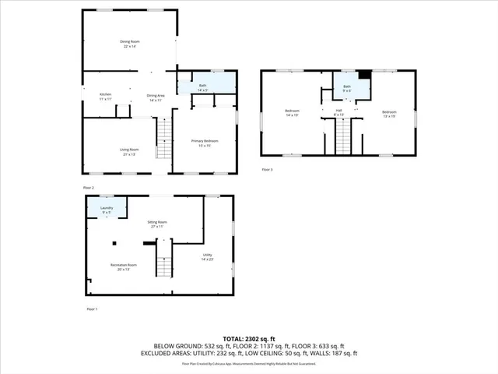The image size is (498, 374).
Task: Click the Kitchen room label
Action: pyautogui.click(x=105, y=97)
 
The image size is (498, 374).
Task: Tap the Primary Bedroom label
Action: pyautogui.click(x=205, y=143)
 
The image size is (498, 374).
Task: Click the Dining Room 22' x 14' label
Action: pyautogui.click(x=128, y=44)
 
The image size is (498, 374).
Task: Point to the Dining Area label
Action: pyautogui.click(x=155, y=97)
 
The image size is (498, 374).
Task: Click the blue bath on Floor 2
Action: pyautogui.click(x=204, y=84)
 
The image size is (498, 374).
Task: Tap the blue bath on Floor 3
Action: pyautogui.click(x=347, y=87)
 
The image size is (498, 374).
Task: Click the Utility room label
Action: pyautogui.click(x=208, y=257)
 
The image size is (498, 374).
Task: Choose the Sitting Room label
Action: pyautogui.click(x=158, y=224)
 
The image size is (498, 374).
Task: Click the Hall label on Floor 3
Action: pyautogui.click(x=339, y=113)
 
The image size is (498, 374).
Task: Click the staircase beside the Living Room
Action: pyautogui.click(x=163, y=140)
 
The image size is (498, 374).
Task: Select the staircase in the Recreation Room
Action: pyautogui.click(x=163, y=266)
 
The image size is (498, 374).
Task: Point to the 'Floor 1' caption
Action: pyautogui.click(x=91, y=309)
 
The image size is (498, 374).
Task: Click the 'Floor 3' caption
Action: pyautogui.click(x=267, y=169)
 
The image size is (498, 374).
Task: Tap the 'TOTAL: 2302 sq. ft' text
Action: pyautogui.click(x=248, y=339)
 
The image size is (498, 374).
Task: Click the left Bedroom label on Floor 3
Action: pyautogui.click(x=293, y=113)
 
